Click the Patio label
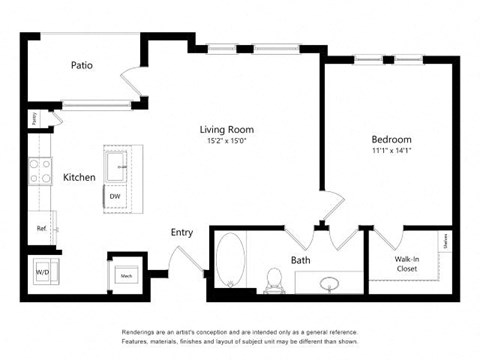pyautogui.click(x=82, y=66)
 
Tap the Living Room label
pyautogui.click(x=226, y=129)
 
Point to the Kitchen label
pyautogui.click(x=80, y=177)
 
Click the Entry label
pyautogui.click(x=181, y=232)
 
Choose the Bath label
pyautogui.click(x=301, y=260)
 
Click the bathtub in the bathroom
pyautogui.click(x=230, y=262)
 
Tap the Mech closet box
pyautogui.click(x=127, y=273)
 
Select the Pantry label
pyautogui.click(x=34, y=117)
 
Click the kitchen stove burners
pyautogui.click(x=41, y=172)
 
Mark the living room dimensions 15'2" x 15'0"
pyautogui.click(x=226, y=141)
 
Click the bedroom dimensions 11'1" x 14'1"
pyautogui.click(x=391, y=151)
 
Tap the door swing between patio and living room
pyautogui.click(x=130, y=82)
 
